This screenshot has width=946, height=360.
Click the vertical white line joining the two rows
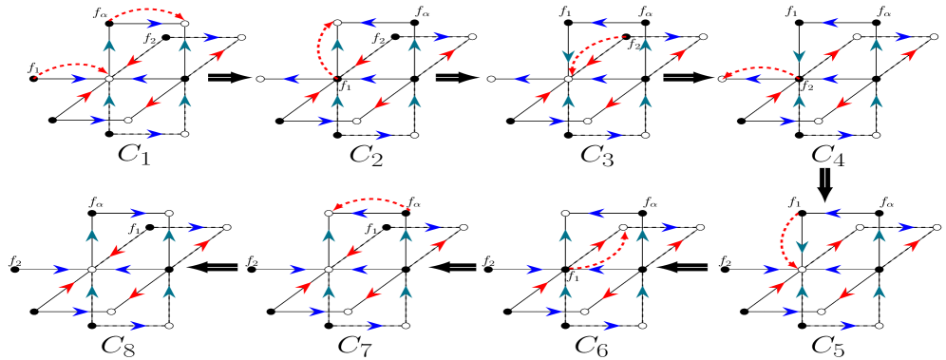point(824,178)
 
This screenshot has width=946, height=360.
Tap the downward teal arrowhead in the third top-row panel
point(568,55)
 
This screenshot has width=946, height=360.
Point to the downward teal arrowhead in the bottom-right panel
point(802,247)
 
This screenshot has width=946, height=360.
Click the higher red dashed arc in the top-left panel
point(147,10)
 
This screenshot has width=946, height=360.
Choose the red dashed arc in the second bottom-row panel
point(372,200)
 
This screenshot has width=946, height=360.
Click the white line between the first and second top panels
point(219,77)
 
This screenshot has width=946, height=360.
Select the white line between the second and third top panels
point(446,77)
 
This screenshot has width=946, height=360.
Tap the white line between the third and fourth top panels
point(678,77)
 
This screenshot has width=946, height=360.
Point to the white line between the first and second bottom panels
point(222,268)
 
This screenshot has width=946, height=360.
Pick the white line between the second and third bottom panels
point(463,268)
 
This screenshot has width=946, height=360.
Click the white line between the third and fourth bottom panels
point(692,268)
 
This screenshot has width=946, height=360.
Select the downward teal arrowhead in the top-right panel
point(799,55)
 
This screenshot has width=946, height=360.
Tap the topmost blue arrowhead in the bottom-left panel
point(139,213)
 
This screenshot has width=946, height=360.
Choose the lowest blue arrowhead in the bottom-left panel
point(139,326)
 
